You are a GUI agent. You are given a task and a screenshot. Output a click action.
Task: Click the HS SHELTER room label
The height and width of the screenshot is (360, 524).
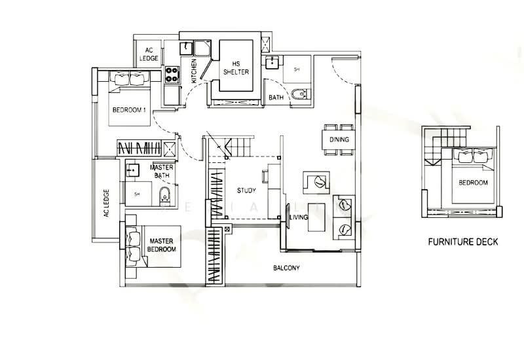(236, 68)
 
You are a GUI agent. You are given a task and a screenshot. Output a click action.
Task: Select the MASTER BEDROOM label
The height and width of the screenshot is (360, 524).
(161, 245)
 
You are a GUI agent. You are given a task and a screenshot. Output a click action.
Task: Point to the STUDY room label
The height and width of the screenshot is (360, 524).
(246, 190)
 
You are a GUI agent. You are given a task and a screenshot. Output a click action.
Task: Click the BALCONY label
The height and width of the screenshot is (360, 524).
(286, 268)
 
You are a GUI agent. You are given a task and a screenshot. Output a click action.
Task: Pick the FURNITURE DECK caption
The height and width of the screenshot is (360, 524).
(462, 242)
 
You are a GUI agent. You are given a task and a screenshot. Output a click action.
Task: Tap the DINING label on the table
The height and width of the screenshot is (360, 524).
(339, 139)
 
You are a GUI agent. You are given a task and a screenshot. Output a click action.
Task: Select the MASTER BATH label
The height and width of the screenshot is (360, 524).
(162, 171)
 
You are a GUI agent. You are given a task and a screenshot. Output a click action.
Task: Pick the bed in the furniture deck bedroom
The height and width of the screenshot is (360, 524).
(472, 175)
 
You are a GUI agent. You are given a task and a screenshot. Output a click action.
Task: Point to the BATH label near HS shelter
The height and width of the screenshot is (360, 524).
(276, 98)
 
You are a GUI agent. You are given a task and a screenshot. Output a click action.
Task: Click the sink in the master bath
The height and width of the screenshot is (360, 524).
(132, 170)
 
